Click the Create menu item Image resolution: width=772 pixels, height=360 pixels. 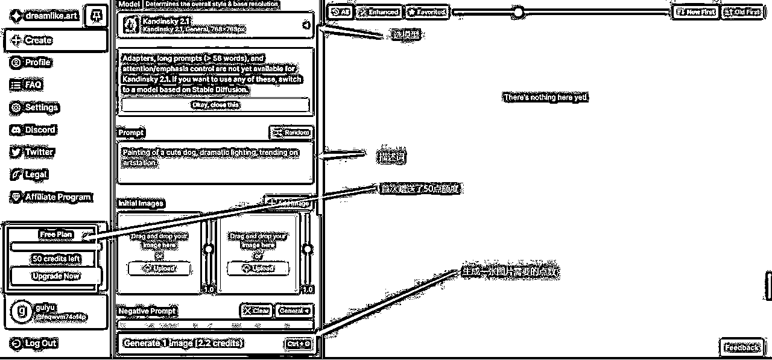55,40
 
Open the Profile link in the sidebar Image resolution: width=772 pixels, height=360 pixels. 31,63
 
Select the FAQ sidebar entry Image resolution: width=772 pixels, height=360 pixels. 27,85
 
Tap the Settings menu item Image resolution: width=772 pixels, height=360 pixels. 35,107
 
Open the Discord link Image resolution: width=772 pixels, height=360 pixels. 33,130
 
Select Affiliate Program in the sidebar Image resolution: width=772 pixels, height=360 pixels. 51,197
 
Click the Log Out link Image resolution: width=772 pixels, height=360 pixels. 34,343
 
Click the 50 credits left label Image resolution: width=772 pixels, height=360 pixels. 55,259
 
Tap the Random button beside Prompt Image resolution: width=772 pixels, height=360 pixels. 291,132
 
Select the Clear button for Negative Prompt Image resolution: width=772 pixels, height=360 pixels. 256,311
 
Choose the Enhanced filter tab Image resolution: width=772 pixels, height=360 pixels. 378,11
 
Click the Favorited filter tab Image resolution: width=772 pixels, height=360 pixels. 426,11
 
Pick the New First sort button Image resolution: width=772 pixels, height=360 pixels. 695,11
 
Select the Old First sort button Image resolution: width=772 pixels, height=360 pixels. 742,11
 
